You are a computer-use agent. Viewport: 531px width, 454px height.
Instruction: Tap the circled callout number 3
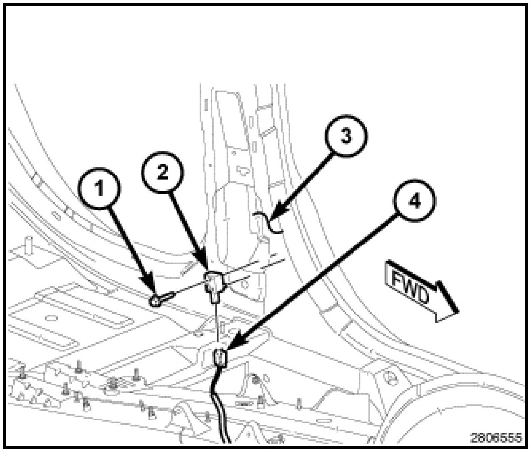point(347,137)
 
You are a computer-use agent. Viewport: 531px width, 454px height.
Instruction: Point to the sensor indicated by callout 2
point(214,284)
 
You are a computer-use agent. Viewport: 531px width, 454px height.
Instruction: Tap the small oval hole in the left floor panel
point(49,317)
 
